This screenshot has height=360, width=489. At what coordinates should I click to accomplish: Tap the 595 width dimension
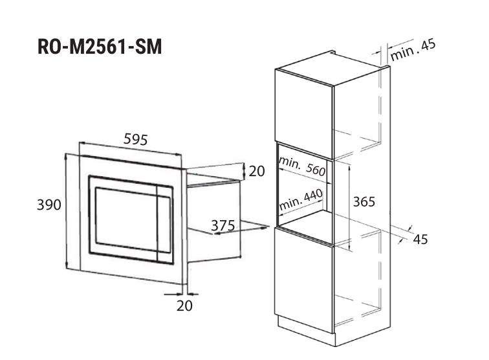click(x=136, y=139)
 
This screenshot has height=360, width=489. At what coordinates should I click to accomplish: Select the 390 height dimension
click(x=49, y=205)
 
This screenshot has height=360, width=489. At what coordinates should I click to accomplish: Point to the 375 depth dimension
click(x=223, y=226)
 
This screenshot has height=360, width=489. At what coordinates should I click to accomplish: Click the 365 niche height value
click(x=364, y=201)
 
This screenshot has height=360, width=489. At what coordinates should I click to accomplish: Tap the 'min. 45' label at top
click(x=413, y=50)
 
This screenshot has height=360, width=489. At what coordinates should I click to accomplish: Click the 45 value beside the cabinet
click(x=420, y=240)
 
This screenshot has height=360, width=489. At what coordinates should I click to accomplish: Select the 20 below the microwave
click(x=184, y=306)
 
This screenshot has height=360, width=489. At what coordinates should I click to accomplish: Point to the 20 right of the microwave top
click(x=257, y=172)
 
